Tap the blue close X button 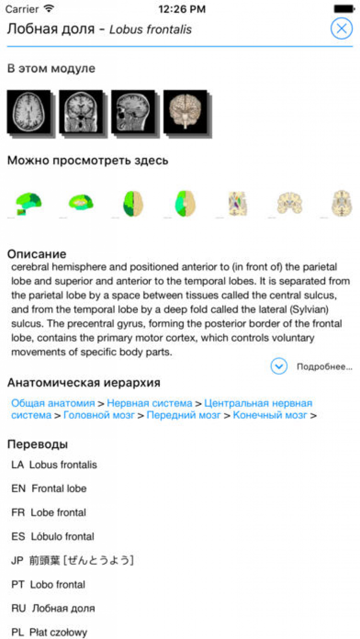click(341, 29)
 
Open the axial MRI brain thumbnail click(28, 112)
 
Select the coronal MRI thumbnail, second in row click(80, 112)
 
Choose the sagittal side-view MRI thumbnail click(132, 112)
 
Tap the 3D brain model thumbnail click(185, 112)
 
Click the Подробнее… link click(324, 367)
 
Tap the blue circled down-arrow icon click(279, 367)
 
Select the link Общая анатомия click(53, 403)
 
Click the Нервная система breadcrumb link click(149, 403)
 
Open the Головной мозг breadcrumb click(99, 415)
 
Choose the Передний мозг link click(183, 415)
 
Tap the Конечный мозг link click(269, 415)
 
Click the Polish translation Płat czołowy click(58, 632)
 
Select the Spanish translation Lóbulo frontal click(62, 536)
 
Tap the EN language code click(18, 488)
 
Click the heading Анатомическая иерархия click(84, 383)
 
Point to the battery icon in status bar click(344, 9)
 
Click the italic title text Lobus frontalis click(150, 30)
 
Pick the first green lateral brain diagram click(28, 204)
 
